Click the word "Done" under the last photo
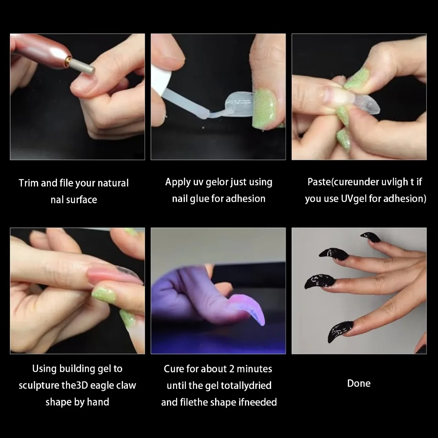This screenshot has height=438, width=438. click(359, 383)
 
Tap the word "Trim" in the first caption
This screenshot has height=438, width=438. click(29, 183)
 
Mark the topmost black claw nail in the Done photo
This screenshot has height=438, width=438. click(371, 237)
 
